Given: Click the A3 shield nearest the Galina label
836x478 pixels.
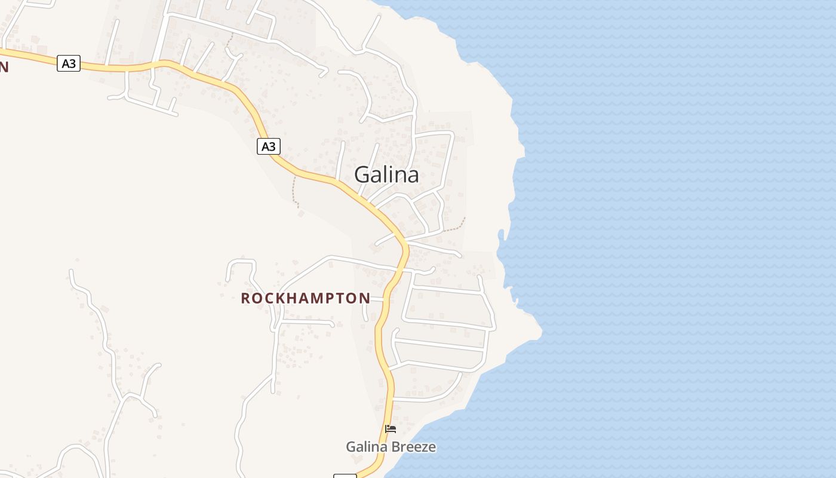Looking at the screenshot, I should click(x=269, y=146).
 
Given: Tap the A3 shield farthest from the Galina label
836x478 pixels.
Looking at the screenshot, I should click(x=69, y=63).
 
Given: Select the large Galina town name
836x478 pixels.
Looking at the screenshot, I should click(x=386, y=174).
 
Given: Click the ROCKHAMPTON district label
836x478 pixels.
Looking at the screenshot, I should click(x=305, y=298).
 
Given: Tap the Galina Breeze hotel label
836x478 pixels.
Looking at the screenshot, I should click(x=391, y=447).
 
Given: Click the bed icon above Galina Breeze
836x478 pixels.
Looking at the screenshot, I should click(x=391, y=428).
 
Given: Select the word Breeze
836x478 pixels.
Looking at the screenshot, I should click(x=414, y=447).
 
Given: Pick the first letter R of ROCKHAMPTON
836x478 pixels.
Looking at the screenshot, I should click(x=245, y=298).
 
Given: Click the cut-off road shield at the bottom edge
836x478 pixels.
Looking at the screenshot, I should click(x=345, y=476).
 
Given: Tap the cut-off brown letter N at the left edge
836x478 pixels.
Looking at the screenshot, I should click(x=4, y=66).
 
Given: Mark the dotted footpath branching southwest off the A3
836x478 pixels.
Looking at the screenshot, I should click(x=294, y=191).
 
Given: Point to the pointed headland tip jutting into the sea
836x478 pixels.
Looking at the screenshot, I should click(x=540, y=330).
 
